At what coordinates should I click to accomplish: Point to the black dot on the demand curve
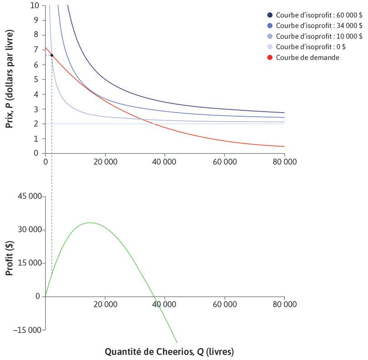52,55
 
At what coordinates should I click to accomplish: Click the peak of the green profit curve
90,222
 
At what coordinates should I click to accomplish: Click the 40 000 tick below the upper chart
164,161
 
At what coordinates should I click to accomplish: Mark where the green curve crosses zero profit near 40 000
155,296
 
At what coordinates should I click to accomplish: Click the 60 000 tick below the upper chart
224,161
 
